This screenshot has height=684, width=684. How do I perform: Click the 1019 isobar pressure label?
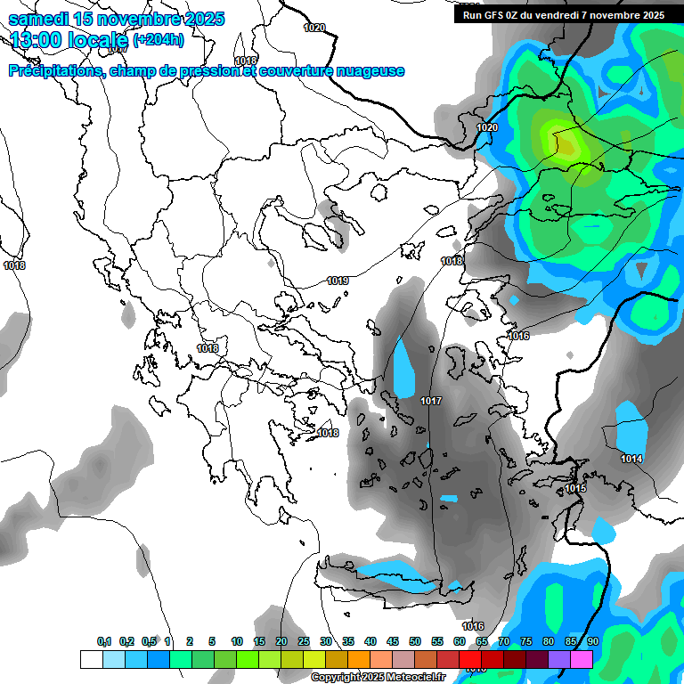click(338, 281)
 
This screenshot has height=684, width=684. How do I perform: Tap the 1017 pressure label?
click(431, 401)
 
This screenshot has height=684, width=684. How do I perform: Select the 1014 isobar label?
click(632, 459)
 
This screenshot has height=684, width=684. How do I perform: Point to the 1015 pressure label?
click(575, 488)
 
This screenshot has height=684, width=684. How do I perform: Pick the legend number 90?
click(592, 641)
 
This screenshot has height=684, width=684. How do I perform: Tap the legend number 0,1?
click(104, 641)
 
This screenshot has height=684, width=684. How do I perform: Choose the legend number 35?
click(348, 641)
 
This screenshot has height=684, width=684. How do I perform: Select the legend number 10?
click(237, 641)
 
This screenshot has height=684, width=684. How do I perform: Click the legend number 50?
click(415, 641)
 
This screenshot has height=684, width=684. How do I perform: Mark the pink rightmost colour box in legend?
click(582, 659)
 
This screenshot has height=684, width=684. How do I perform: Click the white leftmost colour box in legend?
click(91, 659)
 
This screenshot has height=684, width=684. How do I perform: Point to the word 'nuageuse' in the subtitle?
click(372, 71)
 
